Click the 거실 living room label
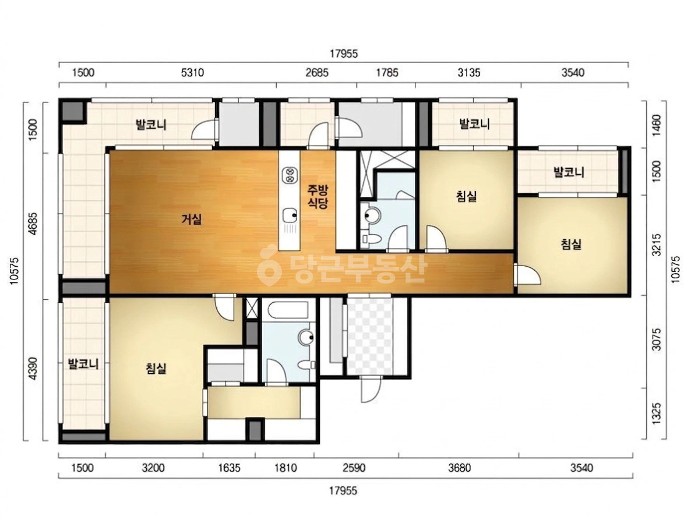pyautogui.click(x=192, y=219)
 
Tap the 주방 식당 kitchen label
pyautogui.click(x=318, y=196)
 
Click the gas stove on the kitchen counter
pyautogui.click(x=289, y=175)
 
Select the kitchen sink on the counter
pyautogui.click(x=290, y=215)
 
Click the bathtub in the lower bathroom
pyautogui.click(x=288, y=310)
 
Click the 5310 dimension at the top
pyautogui.click(x=192, y=72)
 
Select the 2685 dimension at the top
pyautogui.click(x=317, y=72)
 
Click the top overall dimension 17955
pyautogui.click(x=343, y=54)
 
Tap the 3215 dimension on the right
pyautogui.click(x=657, y=245)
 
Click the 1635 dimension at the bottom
pyautogui.click(x=229, y=468)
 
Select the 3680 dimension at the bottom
pyautogui.click(x=459, y=468)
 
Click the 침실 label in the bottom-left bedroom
pyautogui.click(x=156, y=369)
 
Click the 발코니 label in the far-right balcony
pyautogui.click(x=569, y=172)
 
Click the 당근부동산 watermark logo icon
pyautogui.click(x=269, y=265)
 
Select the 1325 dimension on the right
pyautogui.click(x=657, y=413)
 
